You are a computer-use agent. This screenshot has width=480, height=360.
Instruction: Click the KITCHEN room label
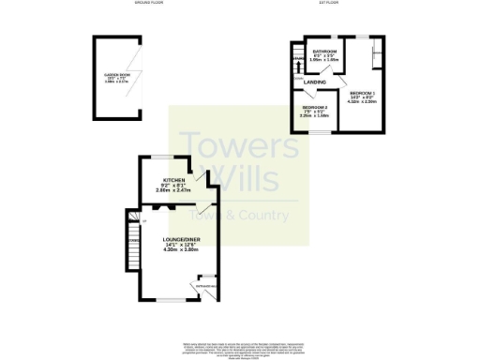173,179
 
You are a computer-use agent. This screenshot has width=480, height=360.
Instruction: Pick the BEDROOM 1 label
363,94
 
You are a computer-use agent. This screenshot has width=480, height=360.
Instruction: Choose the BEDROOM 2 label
313,107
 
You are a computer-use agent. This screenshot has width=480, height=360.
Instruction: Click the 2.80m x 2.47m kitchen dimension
173,190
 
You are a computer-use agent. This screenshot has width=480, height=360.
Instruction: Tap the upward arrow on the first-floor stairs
297,63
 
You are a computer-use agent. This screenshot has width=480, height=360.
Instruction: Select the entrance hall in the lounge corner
206,283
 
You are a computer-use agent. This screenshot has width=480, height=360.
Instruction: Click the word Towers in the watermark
226,145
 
